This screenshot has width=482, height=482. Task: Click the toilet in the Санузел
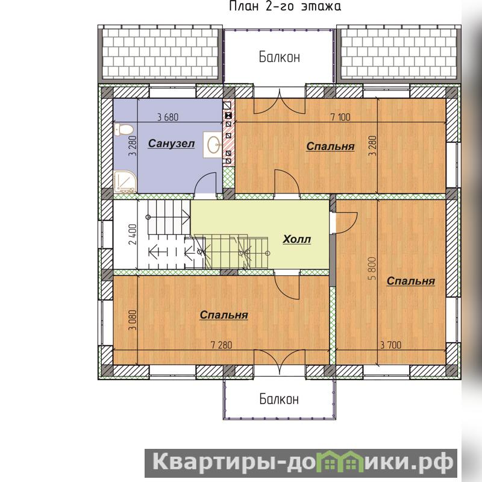tap(123, 130)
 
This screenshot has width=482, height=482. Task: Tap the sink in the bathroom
tap(213, 145)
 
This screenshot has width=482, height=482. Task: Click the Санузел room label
tap(171, 143)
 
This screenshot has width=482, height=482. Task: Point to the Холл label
tap(296, 239)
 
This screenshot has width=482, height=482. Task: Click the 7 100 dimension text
tap(340, 117)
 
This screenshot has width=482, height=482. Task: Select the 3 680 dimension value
tap(168, 117)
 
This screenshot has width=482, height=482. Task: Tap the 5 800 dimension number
tap(372, 268)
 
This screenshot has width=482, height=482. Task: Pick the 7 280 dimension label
tap(221, 345)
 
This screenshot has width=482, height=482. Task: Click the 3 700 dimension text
tap(390, 345)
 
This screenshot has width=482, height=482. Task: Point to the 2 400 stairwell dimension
tap(133, 234)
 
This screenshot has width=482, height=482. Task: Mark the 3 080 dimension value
tap(133, 320)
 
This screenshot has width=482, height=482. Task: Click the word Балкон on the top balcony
tap(279, 57)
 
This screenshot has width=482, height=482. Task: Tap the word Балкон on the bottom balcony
tap(279, 399)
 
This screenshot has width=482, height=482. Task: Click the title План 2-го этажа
tap(285, 6)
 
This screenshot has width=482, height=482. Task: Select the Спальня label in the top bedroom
tap(330, 146)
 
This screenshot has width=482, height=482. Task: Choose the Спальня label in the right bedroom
tap(411, 281)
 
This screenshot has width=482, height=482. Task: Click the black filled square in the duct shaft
tap(228, 116)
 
